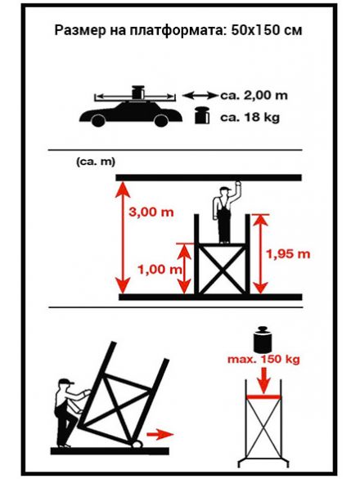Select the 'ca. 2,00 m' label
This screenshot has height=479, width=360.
click(254, 96)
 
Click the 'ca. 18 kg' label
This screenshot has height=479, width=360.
click(250, 117)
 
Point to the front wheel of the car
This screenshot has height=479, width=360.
click(161, 120)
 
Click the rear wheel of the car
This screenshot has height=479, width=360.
click(98, 120)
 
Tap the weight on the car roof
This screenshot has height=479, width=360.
click(137, 92)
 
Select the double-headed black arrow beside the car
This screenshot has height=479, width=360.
click(200, 96)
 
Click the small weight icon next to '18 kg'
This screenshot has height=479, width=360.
click(202, 115)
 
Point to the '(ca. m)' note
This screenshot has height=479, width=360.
click(96, 162)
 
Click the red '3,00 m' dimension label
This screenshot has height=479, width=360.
click(151, 212)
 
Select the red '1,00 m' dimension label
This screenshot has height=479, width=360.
click(160, 270)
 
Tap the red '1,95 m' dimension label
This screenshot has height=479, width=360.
click(288, 254)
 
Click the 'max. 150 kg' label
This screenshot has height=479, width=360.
click(263, 360)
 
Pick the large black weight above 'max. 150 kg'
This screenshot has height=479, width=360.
click(263, 338)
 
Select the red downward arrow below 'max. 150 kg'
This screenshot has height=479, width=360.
click(263, 380)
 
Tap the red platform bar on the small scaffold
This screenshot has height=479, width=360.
click(263, 396)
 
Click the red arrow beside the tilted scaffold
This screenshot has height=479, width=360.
click(160, 434)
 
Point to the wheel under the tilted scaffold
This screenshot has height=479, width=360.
click(137, 444)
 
